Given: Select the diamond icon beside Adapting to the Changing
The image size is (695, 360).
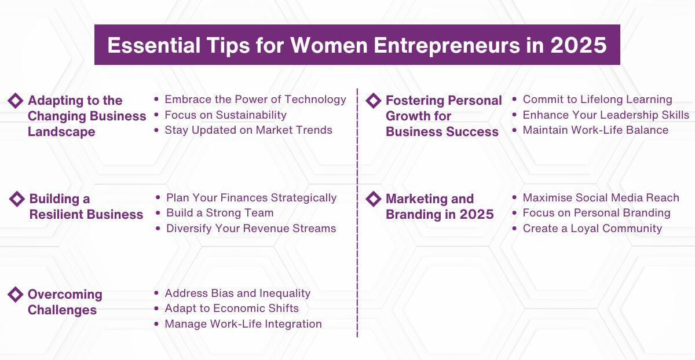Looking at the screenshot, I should click(x=16, y=100).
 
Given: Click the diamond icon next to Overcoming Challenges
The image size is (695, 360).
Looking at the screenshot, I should click(x=16, y=294).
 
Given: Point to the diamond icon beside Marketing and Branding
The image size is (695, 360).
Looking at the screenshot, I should click(x=374, y=199).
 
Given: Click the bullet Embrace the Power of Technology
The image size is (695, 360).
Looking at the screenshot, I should click(x=255, y=100).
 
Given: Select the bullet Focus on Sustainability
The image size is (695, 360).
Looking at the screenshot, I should click(x=225, y=115).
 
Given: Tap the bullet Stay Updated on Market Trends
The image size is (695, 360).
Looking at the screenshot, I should click(x=248, y=130).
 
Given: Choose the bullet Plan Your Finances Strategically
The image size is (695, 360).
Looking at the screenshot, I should click(x=251, y=198).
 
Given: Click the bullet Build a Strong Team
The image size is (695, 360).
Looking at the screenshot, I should click(x=220, y=213).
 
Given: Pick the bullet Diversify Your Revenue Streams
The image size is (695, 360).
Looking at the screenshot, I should click(x=251, y=229).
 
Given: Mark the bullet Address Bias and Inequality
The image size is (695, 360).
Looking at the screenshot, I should click(x=237, y=293).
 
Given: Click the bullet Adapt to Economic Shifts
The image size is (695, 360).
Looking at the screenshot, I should click(x=232, y=308).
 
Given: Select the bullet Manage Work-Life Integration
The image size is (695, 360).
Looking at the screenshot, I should click(x=243, y=324).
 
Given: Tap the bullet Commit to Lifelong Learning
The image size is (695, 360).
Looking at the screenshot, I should click(x=597, y=100).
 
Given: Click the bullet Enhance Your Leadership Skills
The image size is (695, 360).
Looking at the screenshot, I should click(x=606, y=115).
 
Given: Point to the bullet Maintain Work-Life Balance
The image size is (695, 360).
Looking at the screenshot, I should click(x=595, y=130).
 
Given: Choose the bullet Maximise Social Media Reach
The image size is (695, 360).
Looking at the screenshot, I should click(x=601, y=198).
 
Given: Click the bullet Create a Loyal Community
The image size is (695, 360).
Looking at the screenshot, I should click(x=592, y=229).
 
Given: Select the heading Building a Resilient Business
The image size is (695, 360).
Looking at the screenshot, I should click(x=86, y=207).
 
